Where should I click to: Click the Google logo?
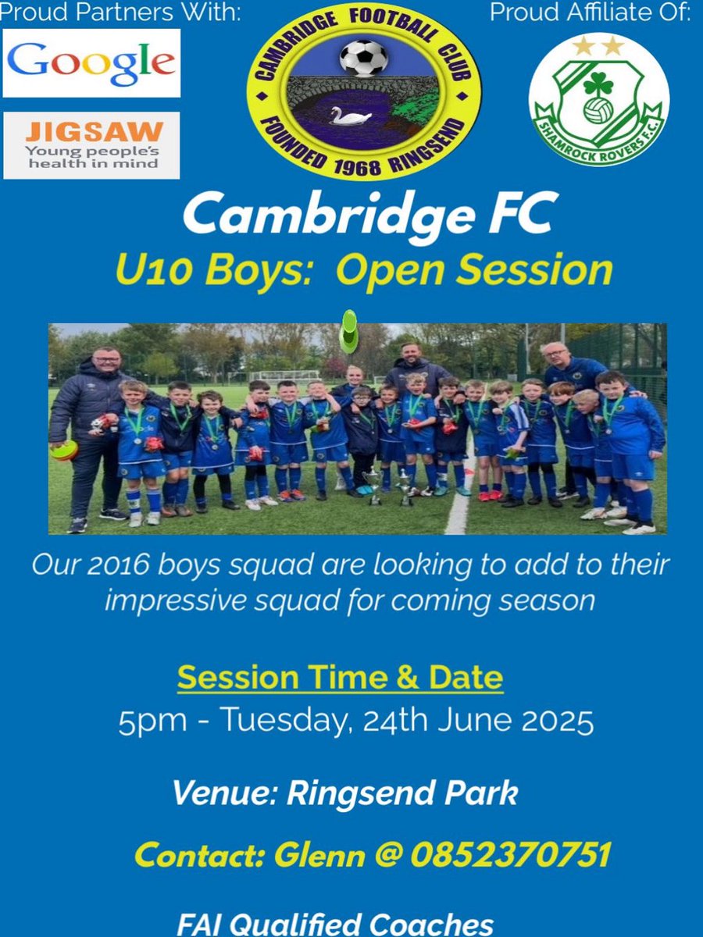91,63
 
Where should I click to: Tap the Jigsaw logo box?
91,145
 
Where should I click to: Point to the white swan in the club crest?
350,116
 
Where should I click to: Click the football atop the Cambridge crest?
363,58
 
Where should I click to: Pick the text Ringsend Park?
402,793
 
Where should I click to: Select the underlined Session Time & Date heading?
340,677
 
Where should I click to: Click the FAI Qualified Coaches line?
335,924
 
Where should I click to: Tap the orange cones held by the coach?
64,451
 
